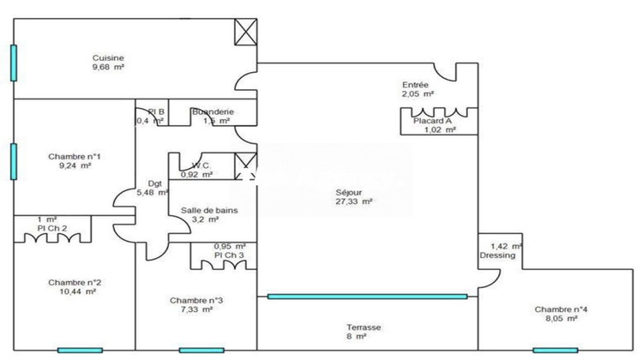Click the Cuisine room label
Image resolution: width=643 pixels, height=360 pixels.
click(109, 58)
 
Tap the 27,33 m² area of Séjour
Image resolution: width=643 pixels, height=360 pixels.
click(354, 201)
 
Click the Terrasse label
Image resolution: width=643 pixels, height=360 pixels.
click(364, 327)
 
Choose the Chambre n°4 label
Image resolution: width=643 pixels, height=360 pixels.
click(561, 309)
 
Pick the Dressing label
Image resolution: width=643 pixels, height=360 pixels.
click(498, 255)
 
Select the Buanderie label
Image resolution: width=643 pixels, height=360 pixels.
click(211, 111)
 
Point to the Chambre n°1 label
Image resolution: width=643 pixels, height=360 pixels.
click(75, 156)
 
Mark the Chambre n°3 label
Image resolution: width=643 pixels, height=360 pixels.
click(196, 300)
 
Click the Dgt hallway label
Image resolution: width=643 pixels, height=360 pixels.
click(154, 183)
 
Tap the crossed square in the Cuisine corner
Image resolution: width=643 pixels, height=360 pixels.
click(246, 32)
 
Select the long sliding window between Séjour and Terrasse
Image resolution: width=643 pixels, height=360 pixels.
click(367, 297)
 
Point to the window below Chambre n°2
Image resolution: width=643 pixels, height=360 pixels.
click(80, 350)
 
